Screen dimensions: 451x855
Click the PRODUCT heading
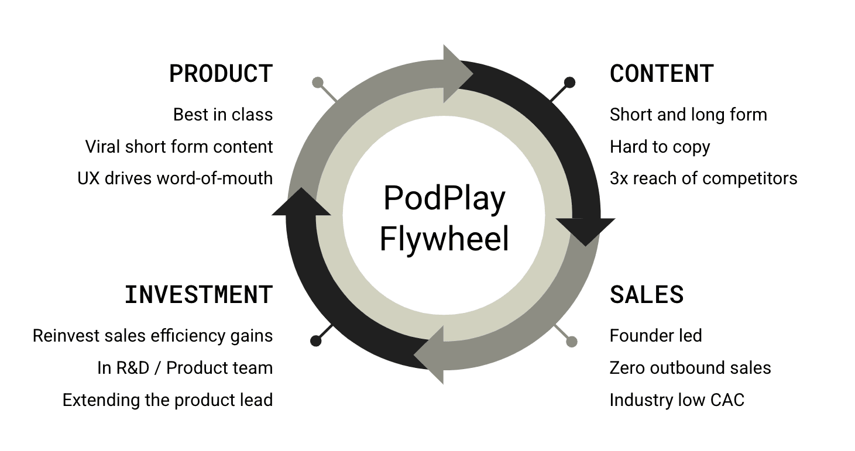click(x=221, y=74)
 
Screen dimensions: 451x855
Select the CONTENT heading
click(x=661, y=74)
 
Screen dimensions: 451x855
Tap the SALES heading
click(x=647, y=295)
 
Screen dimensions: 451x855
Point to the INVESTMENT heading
click(x=198, y=295)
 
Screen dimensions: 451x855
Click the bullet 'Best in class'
click(x=223, y=115)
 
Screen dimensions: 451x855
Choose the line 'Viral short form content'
click(x=179, y=147)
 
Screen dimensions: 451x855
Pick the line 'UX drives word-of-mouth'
click(x=175, y=178)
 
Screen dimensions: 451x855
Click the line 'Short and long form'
click(x=688, y=115)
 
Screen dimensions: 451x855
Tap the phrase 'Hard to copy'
click(x=660, y=147)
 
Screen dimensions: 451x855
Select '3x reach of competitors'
click(x=703, y=178)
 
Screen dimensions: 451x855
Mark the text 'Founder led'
click(x=655, y=336)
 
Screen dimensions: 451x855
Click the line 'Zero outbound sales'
click(x=690, y=368)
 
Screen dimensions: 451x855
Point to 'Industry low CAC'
click(x=677, y=400)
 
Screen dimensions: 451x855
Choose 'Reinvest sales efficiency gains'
click(x=153, y=336)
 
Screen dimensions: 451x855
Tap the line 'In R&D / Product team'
click(x=185, y=368)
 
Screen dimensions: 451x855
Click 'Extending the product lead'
click(x=167, y=400)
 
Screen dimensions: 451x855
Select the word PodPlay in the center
click(x=444, y=198)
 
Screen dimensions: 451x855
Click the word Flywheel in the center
click(x=444, y=239)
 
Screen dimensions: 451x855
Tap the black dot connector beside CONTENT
click(x=569, y=82)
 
